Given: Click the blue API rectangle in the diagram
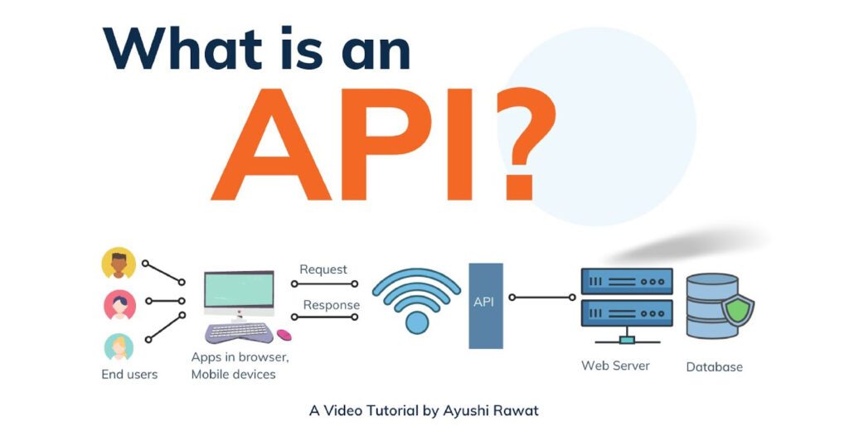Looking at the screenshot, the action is point(486,305).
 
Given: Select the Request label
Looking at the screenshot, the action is point(323,269).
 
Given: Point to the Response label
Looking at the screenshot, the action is point(332,305).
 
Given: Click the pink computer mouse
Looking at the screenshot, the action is point(284,335).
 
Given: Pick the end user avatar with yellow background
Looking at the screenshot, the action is point(119,263).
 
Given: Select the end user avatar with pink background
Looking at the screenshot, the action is point(119,305).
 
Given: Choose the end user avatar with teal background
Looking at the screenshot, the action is point(119,347).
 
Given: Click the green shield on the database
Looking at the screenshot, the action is point(737,310).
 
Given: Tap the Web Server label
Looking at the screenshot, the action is point(615,366).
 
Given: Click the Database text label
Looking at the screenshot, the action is point(714,367).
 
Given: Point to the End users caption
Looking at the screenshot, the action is point(129,375).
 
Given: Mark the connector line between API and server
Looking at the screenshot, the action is point(542,297).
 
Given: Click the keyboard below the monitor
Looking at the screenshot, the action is point(239,332).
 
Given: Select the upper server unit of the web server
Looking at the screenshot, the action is point(627,282).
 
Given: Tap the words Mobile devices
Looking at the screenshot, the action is point(233,375).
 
